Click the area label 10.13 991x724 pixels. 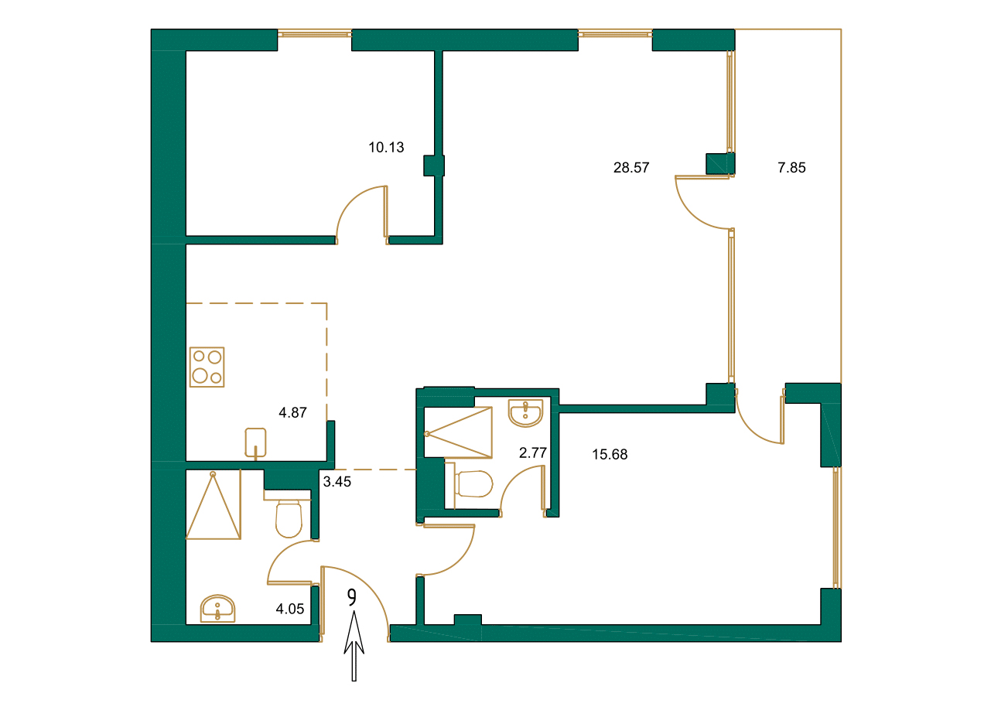click(386, 148)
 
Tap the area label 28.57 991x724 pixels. click(630, 168)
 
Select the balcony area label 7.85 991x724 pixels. click(791, 167)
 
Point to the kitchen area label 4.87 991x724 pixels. click(293, 413)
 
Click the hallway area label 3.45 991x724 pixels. click(337, 482)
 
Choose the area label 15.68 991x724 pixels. click(610, 455)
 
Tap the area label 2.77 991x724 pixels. click(533, 453)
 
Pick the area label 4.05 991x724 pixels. click(291, 610)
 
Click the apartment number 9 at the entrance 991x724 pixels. click(352, 598)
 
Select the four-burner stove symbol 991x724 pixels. click(207, 367)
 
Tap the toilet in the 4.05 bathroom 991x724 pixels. click(289, 518)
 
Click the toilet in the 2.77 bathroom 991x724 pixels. click(474, 484)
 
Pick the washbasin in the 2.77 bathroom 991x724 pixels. click(526, 412)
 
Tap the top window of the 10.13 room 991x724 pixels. click(314, 33)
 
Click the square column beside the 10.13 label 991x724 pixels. click(434, 166)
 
